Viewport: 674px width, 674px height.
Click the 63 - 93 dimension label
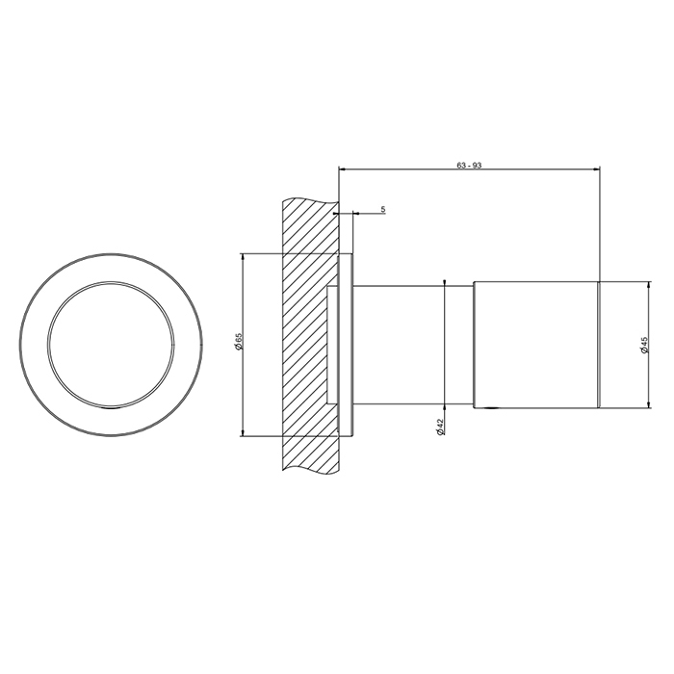tap(469, 166)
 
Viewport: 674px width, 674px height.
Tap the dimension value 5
tap(383, 209)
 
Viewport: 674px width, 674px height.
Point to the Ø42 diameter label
tap(440, 427)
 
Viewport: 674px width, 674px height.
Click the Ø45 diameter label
tap(644, 345)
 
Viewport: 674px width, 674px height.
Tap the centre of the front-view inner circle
tap(112, 345)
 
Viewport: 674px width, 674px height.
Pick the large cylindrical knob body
tap(535, 345)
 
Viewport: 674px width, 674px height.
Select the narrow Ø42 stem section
tap(413, 345)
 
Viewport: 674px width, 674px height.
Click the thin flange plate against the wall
tap(346, 345)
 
